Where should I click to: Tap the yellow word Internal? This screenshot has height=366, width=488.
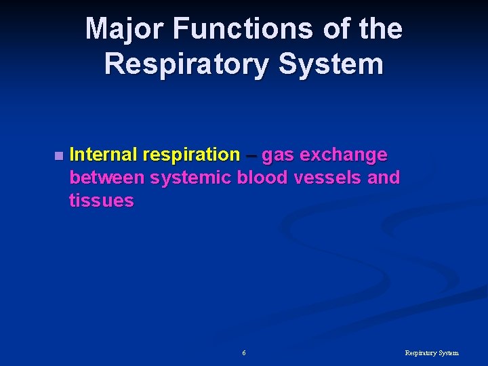[x=102, y=155]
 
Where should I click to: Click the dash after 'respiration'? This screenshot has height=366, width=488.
[x=251, y=155]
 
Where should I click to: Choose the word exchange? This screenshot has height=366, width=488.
[x=344, y=155]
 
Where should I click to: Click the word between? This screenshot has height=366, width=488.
[x=107, y=178]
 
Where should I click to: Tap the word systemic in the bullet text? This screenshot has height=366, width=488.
[x=191, y=178]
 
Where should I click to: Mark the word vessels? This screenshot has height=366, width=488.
[x=326, y=178]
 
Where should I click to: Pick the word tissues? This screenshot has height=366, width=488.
[x=101, y=201]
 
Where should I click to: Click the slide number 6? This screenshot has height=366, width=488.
[x=244, y=353]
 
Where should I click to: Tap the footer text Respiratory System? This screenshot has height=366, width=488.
[x=431, y=353]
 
